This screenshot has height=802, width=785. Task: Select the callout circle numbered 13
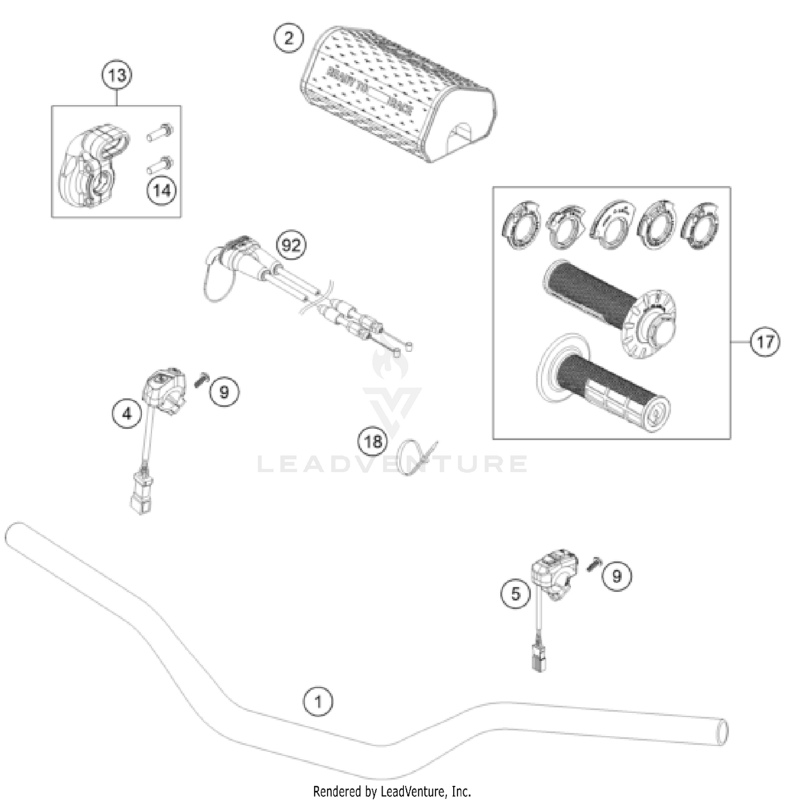point(116,75)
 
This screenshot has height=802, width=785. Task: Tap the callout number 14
point(162,191)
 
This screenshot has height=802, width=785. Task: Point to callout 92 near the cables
point(291,245)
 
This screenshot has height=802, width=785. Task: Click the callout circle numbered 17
point(765,342)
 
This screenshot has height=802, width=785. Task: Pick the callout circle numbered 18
point(373,442)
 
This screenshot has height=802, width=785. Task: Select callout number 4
point(127,414)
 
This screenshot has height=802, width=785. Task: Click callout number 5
point(515,593)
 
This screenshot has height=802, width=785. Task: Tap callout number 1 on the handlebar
point(318,701)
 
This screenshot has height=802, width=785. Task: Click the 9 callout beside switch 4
point(224,391)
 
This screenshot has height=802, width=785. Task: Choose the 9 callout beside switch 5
point(616,576)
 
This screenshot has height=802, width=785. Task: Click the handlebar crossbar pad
point(398,97)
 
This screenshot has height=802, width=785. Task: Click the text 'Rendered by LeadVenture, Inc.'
point(392,791)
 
